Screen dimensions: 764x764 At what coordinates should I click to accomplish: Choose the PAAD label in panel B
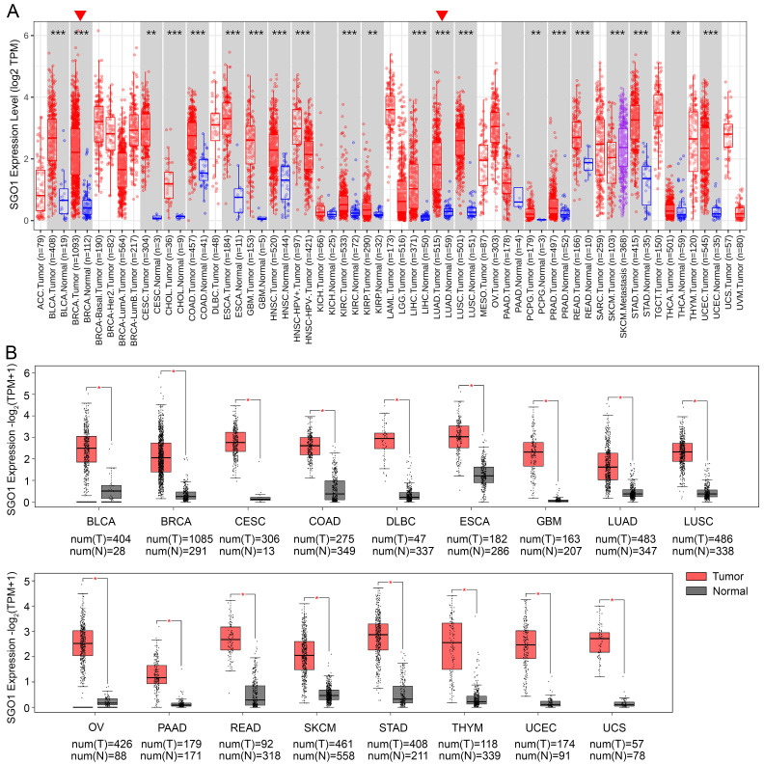[x=169, y=726]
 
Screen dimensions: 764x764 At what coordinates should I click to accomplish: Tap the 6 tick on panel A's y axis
[x=28, y=36]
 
